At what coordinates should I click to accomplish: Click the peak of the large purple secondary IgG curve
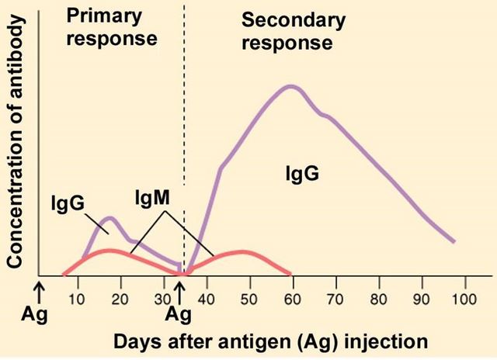coord(290,86)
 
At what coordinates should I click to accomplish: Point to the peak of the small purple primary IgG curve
coord(110,218)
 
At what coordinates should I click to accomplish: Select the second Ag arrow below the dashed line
coord(180,291)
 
